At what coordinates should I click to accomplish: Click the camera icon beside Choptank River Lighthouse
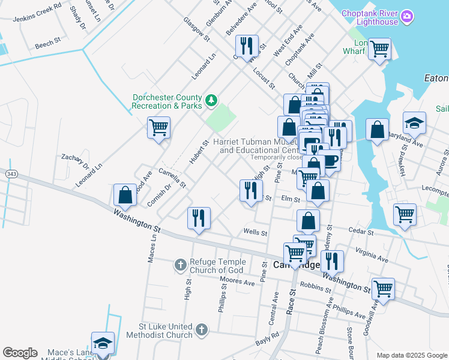click(x=407, y=16)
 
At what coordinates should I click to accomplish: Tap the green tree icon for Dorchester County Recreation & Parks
click(x=211, y=100)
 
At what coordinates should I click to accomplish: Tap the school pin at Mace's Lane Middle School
click(x=103, y=344)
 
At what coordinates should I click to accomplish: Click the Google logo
click(x=20, y=353)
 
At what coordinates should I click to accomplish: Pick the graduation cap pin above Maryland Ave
click(x=414, y=123)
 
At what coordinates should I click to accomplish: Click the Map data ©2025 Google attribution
click(x=411, y=355)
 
